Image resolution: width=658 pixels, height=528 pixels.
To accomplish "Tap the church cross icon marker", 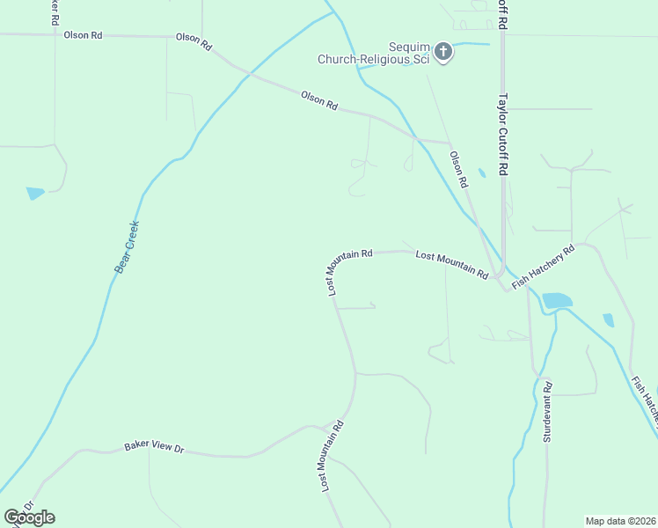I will pos(442,52).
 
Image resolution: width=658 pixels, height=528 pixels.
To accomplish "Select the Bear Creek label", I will pos(128,246).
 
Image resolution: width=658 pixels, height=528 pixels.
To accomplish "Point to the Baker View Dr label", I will pos(154,448).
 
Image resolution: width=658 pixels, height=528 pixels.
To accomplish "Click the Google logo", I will pos(29,517).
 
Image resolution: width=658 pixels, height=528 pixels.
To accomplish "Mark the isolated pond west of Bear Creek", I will pos(35,193).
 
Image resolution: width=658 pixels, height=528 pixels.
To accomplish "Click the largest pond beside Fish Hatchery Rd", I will pos(557,301).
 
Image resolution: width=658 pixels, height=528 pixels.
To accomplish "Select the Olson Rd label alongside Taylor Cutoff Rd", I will pos(459,170).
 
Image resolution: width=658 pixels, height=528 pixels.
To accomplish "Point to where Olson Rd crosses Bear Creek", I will pos(247,74).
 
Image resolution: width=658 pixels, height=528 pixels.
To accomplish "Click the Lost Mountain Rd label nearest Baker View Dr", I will pos(331,455).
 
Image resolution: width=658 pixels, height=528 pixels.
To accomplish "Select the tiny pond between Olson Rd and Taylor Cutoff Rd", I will pos(481,173).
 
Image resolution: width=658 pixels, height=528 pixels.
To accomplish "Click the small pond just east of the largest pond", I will pos(608,320).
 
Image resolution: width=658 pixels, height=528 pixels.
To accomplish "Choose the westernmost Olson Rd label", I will pos(84,35).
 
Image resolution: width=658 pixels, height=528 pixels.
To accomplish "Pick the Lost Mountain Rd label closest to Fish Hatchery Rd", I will pos(451,263).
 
